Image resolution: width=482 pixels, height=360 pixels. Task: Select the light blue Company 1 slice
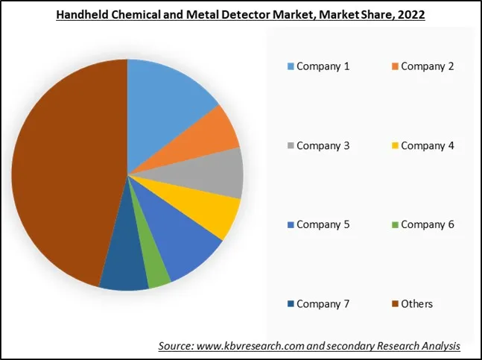click(168, 97)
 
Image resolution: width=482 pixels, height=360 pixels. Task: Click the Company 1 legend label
click(323, 66)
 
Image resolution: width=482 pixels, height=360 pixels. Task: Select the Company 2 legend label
click(428, 66)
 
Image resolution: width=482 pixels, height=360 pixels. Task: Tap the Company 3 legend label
click(323, 145)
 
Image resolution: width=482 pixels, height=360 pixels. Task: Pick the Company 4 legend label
click(428, 145)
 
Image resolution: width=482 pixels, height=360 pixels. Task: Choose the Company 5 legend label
click(323, 224)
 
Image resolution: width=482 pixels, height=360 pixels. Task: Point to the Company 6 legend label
click(428, 224)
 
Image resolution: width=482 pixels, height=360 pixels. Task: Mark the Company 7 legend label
click(323, 303)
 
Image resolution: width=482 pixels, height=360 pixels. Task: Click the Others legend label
click(417, 303)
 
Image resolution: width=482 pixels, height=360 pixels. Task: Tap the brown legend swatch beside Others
click(395, 304)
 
